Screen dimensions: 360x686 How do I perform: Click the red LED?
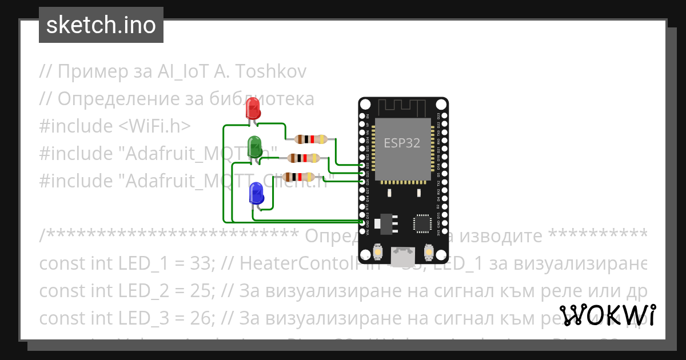pos(252,109)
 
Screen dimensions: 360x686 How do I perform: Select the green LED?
pos(254,146)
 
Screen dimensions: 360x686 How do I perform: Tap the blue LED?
pos(256,193)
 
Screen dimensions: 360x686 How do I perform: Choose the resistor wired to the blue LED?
pos(298,177)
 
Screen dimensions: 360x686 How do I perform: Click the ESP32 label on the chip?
pos(401,143)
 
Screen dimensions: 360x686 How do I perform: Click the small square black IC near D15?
pos(422,223)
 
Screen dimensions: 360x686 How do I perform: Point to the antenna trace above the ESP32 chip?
pos(401,106)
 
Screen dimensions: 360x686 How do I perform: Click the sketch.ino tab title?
pos(101,25)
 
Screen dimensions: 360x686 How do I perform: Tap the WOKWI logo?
pos(607,315)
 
